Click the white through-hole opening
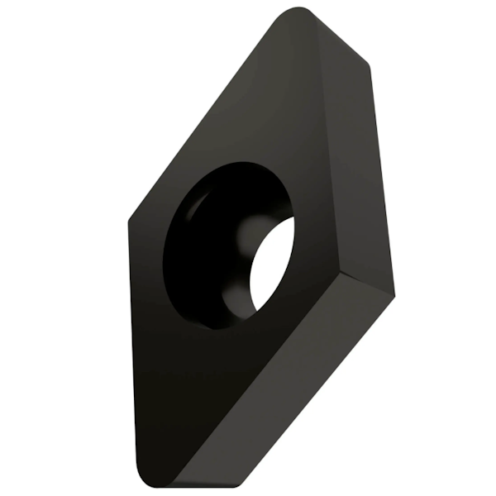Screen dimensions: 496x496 (274, 265)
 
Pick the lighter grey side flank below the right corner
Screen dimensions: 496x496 (281, 389)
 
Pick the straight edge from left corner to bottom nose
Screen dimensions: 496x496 (132, 347)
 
